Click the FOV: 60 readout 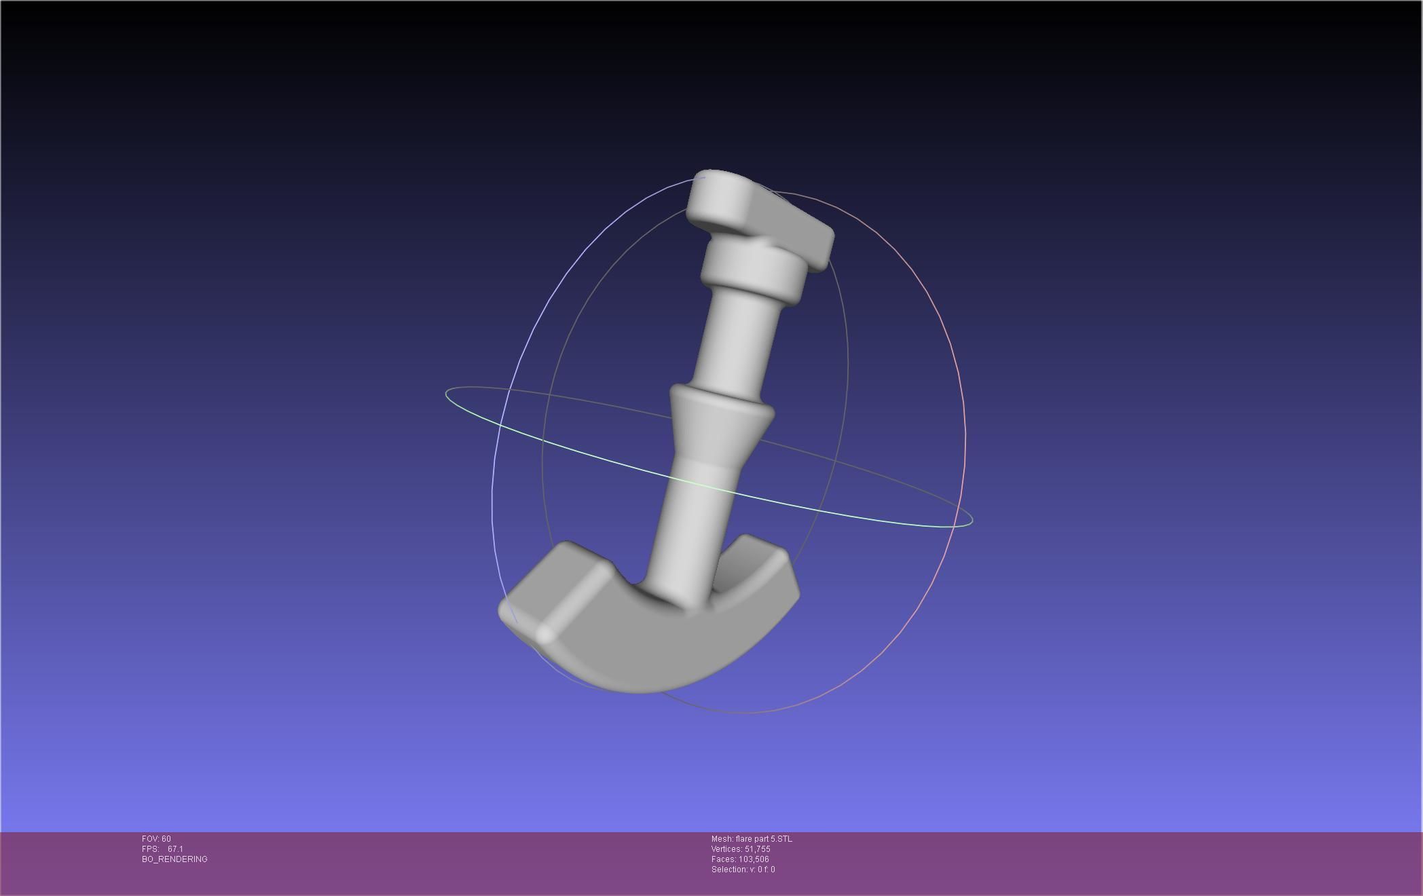point(156,839)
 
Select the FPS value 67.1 point(175,849)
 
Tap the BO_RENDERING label point(174,859)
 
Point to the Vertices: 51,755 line point(741,849)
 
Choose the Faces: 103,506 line point(740,859)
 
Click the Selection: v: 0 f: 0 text point(743,870)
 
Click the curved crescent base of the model point(652,645)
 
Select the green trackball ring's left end point(447,394)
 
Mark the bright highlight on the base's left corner point(544,634)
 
